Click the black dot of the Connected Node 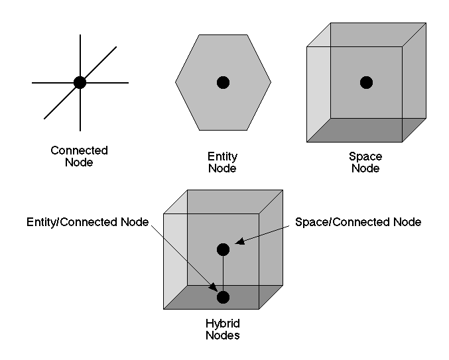click(x=80, y=82)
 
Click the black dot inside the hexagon click(x=223, y=82)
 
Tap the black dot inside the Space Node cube click(x=366, y=82)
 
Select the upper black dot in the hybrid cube click(x=223, y=249)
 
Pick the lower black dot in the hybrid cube click(x=223, y=296)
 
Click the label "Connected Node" click(x=80, y=156)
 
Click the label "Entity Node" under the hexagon click(x=222, y=162)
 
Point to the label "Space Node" click(x=365, y=162)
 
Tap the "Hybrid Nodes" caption click(x=222, y=330)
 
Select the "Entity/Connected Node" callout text click(x=88, y=222)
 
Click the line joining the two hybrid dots click(x=223, y=273)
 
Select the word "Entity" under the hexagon click(x=222, y=156)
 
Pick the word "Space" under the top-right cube click(x=365, y=156)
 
